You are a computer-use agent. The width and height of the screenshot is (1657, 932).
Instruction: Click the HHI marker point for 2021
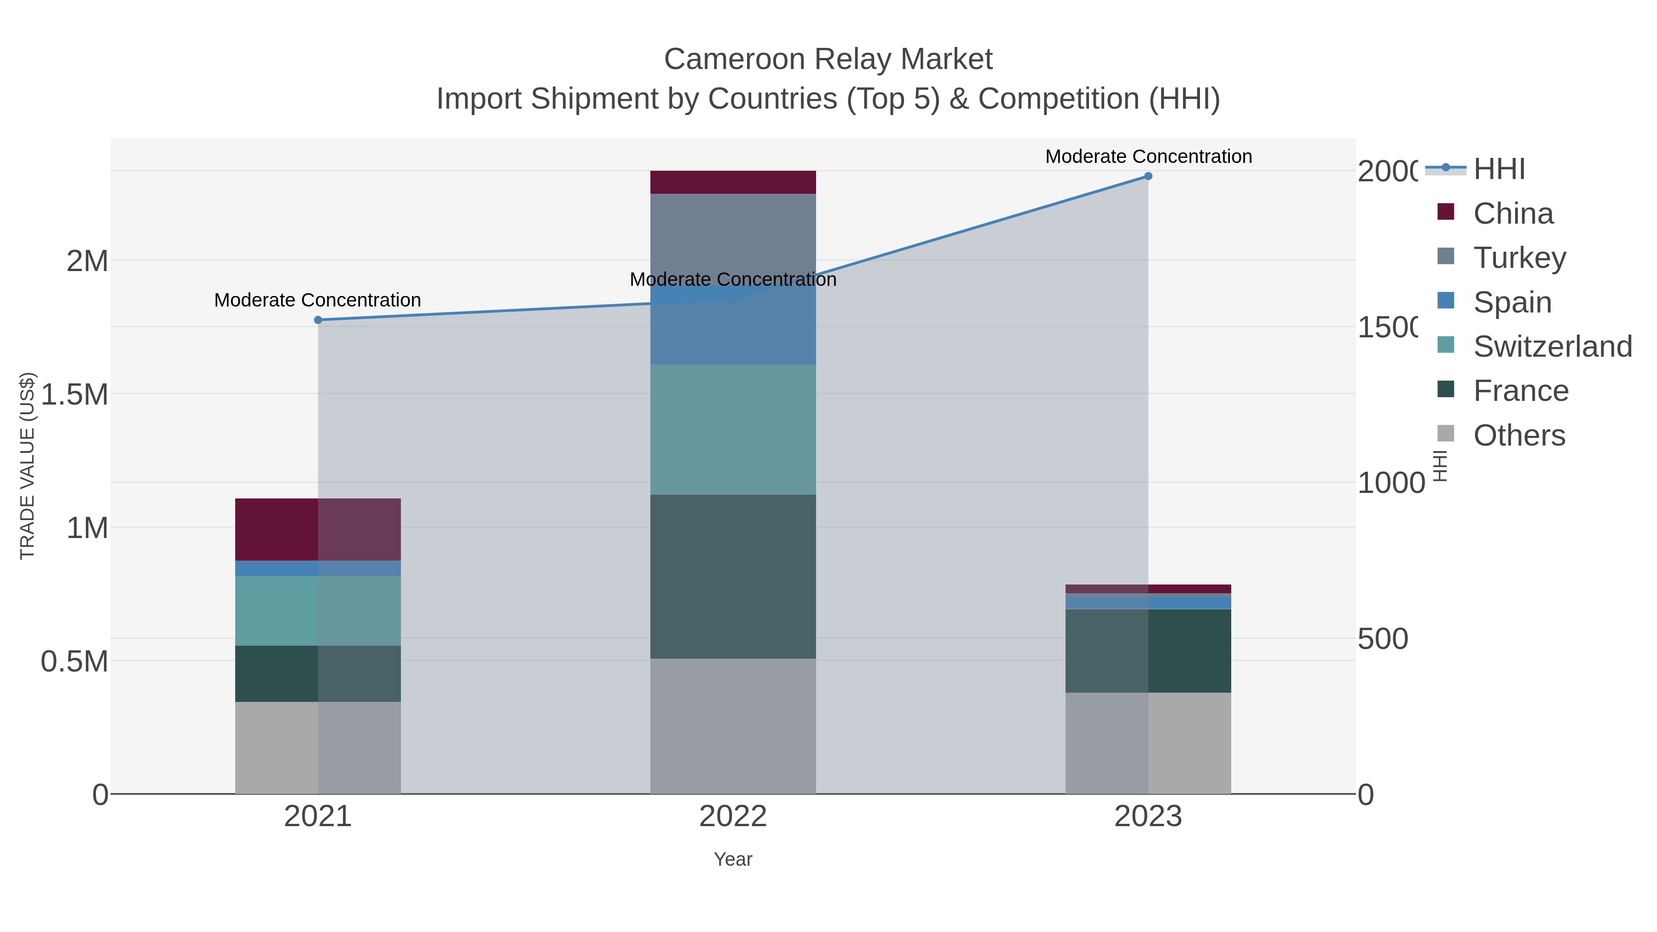coord(318,320)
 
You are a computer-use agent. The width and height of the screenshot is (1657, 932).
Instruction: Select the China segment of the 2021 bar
coord(318,529)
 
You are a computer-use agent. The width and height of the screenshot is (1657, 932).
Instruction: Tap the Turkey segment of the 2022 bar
coord(733,238)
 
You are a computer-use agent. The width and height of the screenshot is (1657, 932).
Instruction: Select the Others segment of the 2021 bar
coord(318,747)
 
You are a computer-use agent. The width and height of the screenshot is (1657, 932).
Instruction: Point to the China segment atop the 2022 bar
coord(733,182)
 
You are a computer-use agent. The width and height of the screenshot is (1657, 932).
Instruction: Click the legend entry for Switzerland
coord(1552,347)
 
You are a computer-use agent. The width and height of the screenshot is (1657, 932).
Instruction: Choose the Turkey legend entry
coord(1519,258)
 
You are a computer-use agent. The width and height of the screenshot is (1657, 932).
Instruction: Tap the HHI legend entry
coord(1499,169)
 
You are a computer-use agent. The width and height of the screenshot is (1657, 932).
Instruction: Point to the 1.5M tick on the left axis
coord(75,394)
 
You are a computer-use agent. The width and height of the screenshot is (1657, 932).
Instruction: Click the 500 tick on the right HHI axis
coord(1383,639)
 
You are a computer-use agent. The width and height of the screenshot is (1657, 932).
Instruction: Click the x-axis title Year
coord(733,859)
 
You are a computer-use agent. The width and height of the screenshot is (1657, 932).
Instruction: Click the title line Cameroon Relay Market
coord(828,59)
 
